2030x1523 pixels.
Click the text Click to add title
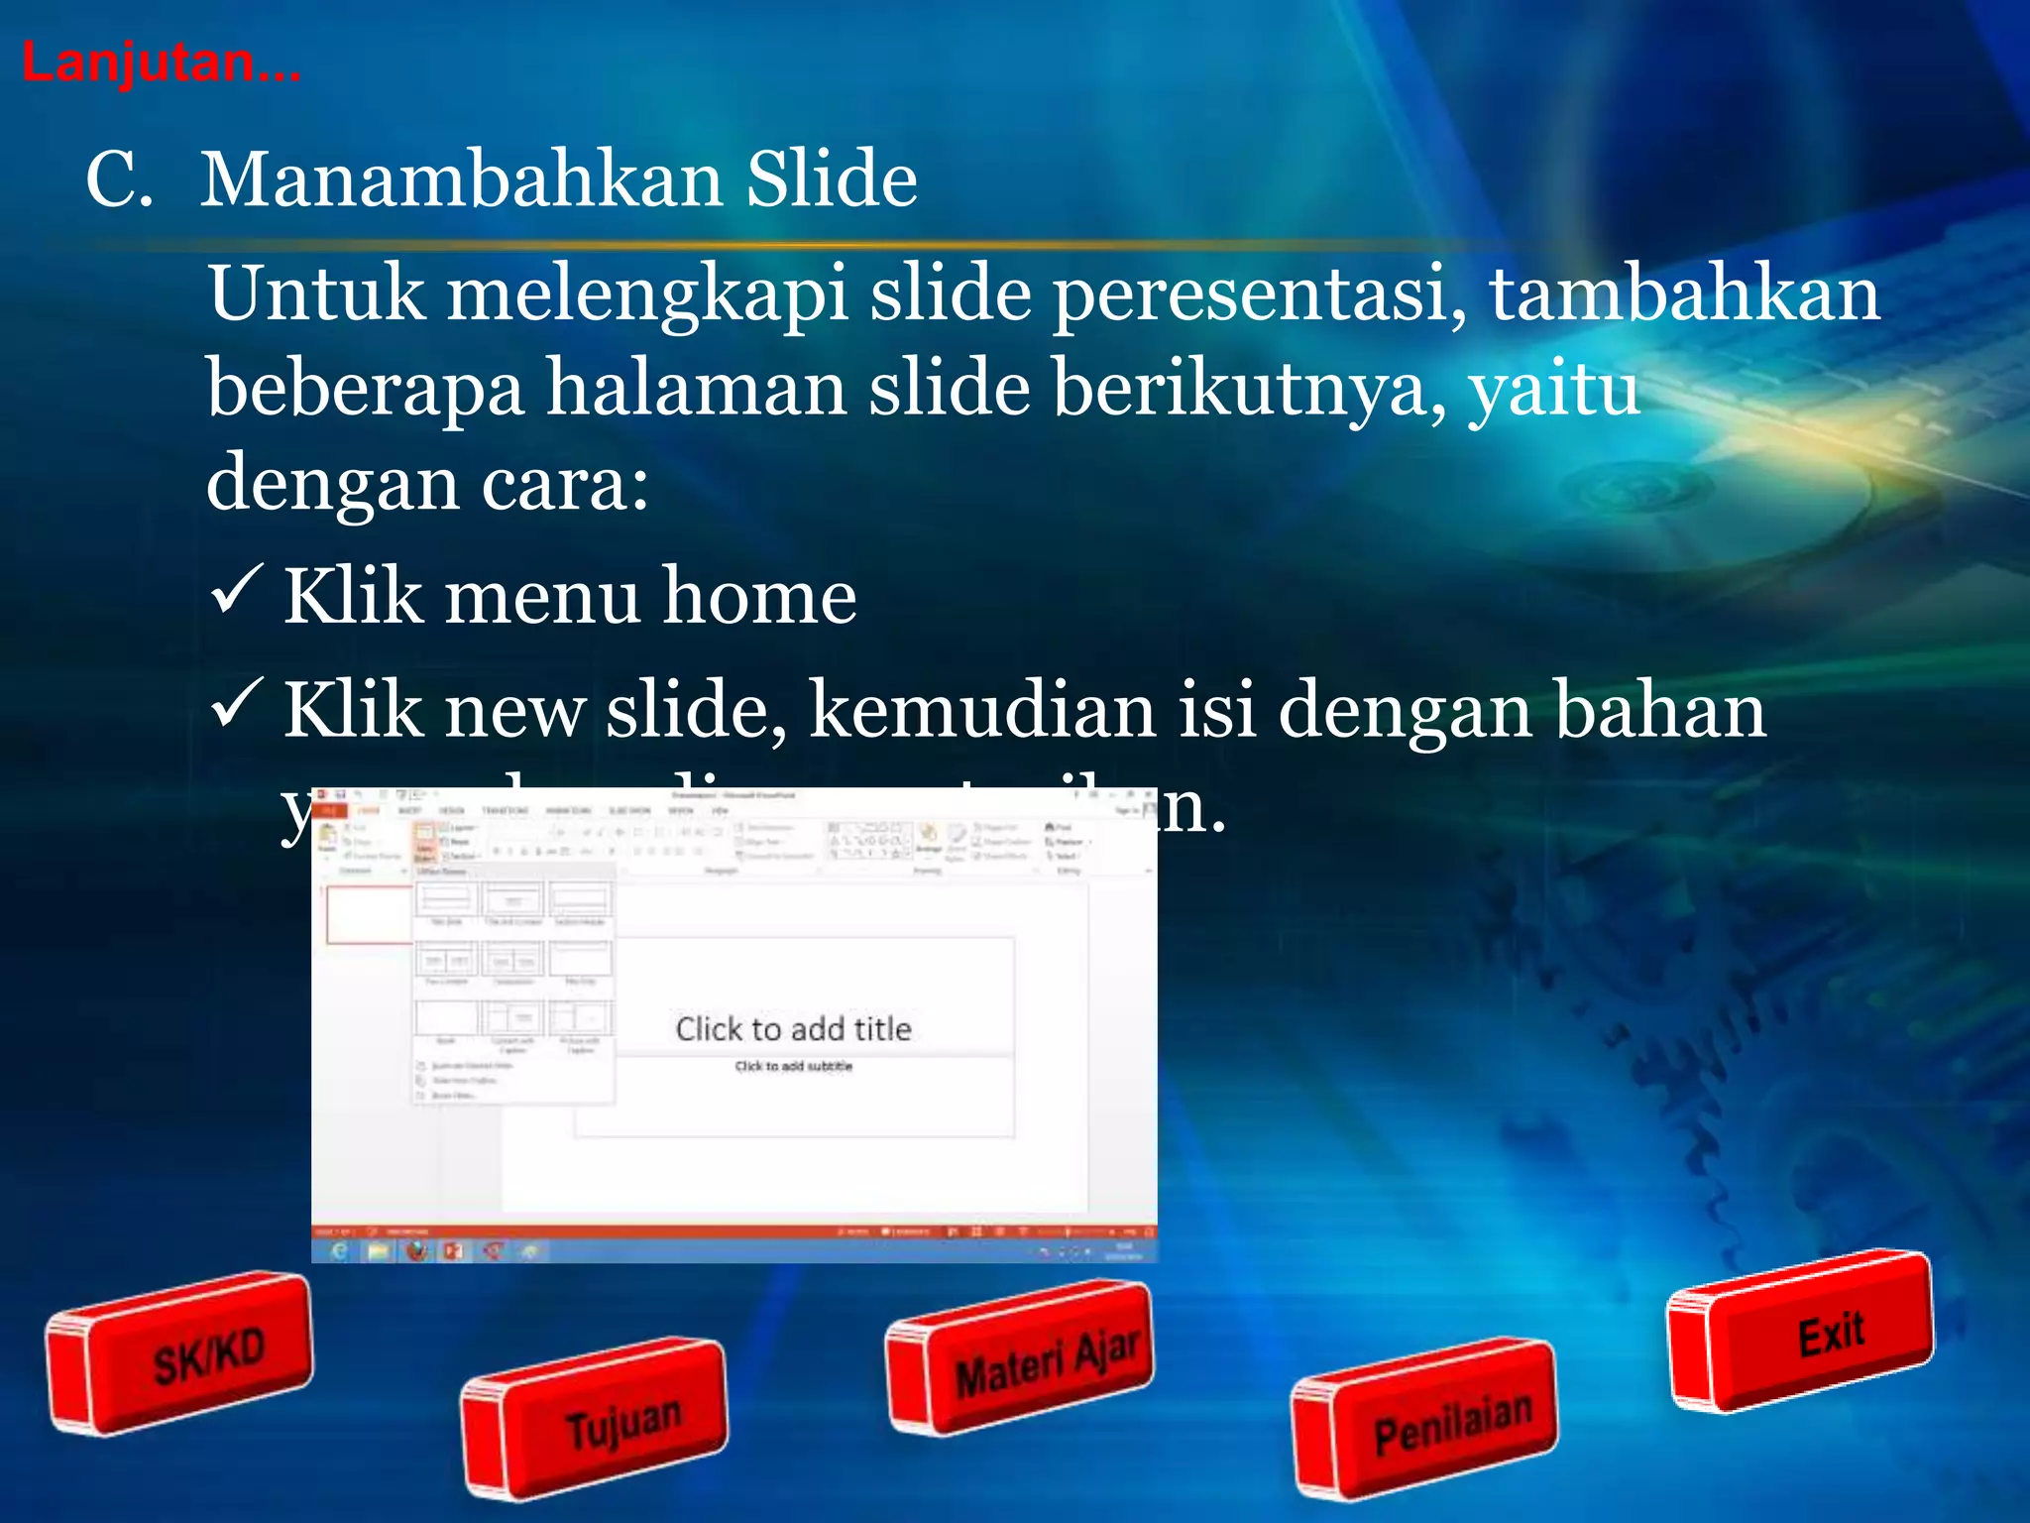(793, 1029)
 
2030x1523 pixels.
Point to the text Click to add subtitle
(793, 1066)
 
